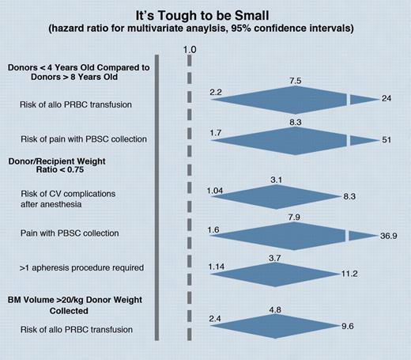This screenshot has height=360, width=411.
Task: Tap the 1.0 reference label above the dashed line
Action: pyautogui.click(x=190, y=51)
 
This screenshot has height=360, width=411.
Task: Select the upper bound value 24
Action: pyautogui.click(x=386, y=99)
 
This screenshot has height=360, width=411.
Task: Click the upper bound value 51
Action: pyautogui.click(x=386, y=139)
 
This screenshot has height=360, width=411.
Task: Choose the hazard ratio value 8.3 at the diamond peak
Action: pyautogui.click(x=296, y=123)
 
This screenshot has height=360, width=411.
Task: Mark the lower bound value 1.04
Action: pyautogui.click(x=216, y=191)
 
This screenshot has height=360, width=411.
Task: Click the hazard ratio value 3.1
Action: pyautogui.click(x=276, y=180)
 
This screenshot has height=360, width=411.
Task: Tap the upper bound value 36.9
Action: pyautogui.click(x=383, y=235)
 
